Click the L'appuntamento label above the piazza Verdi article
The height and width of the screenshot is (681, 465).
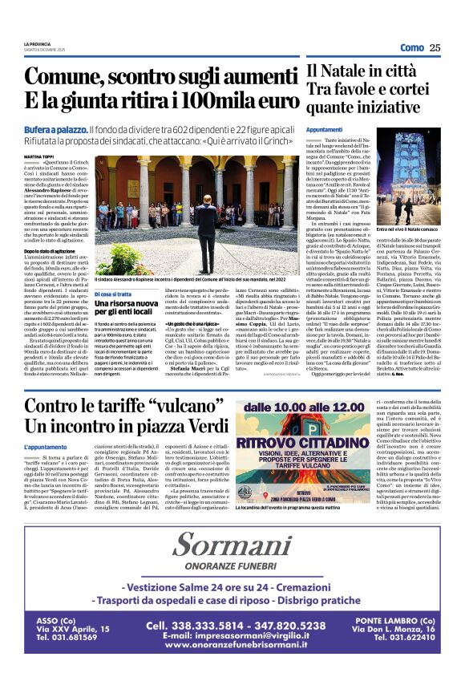45,446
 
